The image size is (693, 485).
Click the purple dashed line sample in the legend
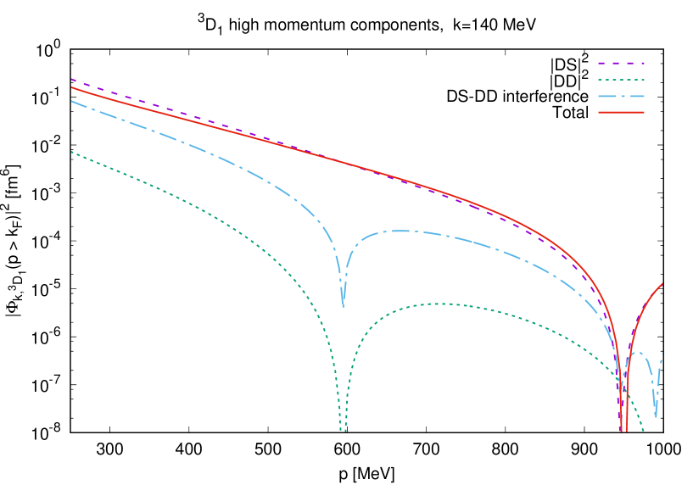click(x=621, y=64)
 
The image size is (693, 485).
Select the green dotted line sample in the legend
click(x=621, y=80)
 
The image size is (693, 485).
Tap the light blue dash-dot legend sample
click(x=621, y=96)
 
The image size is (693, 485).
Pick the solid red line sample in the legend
click(x=621, y=112)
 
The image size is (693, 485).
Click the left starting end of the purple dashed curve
click(x=71, y=79)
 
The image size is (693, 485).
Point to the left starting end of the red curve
click(x=71, y=87)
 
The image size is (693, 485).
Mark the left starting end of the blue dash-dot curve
click(x=71, y=101)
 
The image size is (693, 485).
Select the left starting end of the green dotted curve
click(x=71, y=153)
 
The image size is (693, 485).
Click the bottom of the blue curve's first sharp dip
click(x=343, y=305)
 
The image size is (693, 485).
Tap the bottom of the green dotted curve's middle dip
click(x=343, y=431)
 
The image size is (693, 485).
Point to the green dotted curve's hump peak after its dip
click(x=437, y=304)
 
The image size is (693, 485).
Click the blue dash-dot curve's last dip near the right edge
click(x=656, y=416)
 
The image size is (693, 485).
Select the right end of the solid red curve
click(x=662, y=283)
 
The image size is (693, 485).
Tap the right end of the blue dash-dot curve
click(x=663, y=352)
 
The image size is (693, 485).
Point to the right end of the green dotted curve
click(x=644, y=431)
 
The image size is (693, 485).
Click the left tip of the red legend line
click(x=599, y=112)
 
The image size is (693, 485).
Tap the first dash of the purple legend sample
click(x=601, y=64)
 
